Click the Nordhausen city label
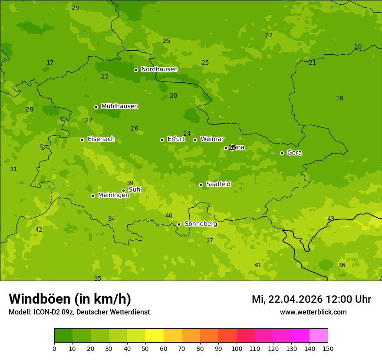pos(159,69)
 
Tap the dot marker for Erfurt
pos(162,140)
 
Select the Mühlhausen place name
pos(119,106)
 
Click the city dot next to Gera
pos(282,153)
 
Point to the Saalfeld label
pos(218,184)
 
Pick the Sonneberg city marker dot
pos(179,224)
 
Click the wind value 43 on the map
pos(331,219)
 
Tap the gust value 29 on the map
pos(76,8)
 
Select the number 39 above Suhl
pos(130,183)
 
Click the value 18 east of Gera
pos(339,98)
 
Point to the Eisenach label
pos(101,139)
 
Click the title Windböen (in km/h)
pos(70,299)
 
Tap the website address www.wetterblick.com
pos(313,312)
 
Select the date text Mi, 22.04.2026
pos(287,299)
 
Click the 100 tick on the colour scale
pos(237,348)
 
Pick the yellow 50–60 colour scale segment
pos(155,336)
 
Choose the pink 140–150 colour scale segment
pos(319,336)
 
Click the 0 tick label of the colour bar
pos(54,348)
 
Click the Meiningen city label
pos(113,195)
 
